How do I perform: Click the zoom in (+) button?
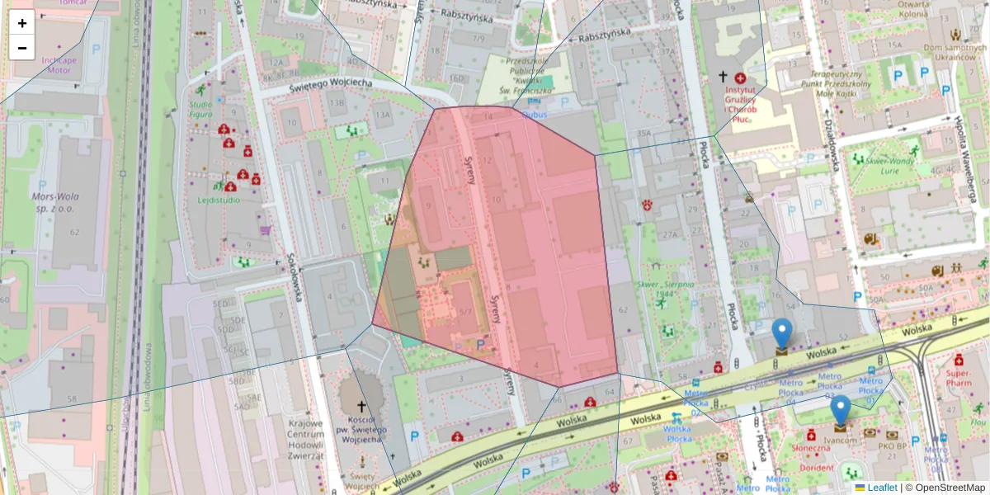(22, 23)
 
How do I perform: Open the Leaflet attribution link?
(881, 488)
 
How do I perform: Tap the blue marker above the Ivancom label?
(841, 410)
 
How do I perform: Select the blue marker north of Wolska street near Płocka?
(781, 333)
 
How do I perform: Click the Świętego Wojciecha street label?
(330, 83)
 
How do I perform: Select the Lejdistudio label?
(219, 200)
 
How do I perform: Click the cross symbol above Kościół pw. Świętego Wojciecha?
(361, 406)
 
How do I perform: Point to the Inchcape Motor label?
(58, 65)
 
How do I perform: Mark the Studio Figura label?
(200, 110)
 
